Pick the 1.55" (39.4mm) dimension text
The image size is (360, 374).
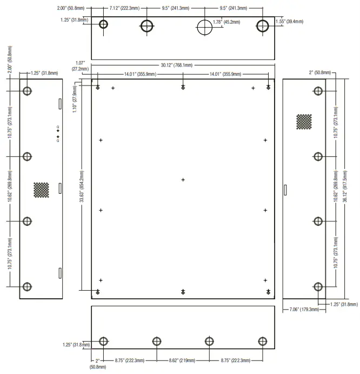pyautogui.click(x=289, y=21)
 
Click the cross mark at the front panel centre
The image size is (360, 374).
pyautogui.click(x=183, y=180)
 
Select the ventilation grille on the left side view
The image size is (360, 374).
pyautogui.click(x=41, y=189)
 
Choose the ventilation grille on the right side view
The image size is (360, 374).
pyautogui.click(x=304, y=122)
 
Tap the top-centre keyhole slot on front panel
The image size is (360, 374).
pyautogui.click(x=183, y=88)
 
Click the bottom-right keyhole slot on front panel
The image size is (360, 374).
pyautogui.click(x=268, y=292)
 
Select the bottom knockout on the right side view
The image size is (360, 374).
pyautogui.click(x=318, y=286)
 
